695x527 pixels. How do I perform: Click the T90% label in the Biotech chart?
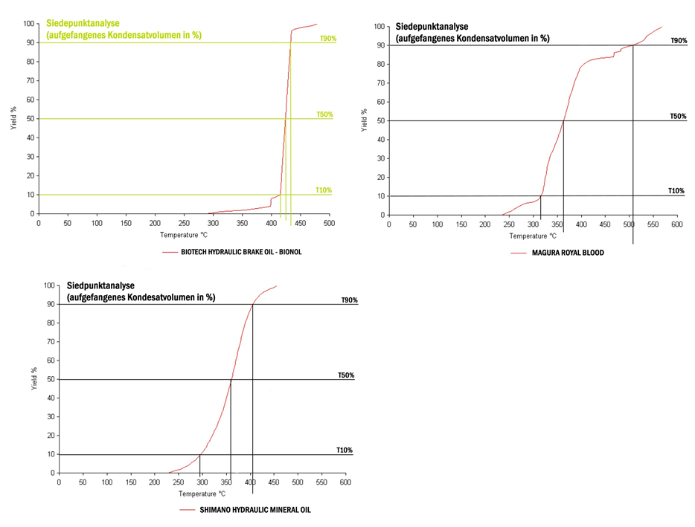(328, 38)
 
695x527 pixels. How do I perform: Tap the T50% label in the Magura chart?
(678, 117)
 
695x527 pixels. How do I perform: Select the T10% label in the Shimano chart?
(345, 450)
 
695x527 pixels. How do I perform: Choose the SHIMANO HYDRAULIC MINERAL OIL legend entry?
(255, 510)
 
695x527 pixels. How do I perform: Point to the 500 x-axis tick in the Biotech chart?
(330, 223)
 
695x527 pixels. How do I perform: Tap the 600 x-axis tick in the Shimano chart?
(345, 482)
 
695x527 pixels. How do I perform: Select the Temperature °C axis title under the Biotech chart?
(184, 235)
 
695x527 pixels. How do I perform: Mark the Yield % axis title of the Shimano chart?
(32, 380)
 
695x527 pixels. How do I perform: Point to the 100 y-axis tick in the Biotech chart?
(29, 24)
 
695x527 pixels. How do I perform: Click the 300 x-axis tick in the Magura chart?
(532, 224)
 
